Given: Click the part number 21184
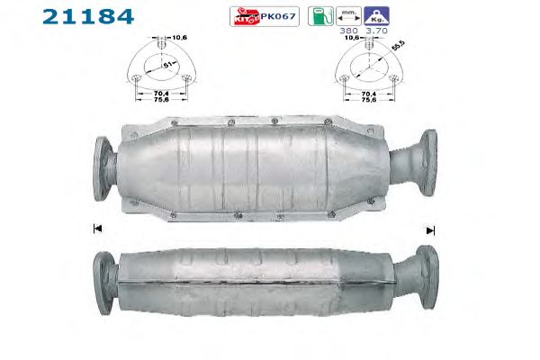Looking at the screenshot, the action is coord(88,16).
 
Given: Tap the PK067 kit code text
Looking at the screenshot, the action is coord(278,16).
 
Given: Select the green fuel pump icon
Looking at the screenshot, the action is coord(320,16).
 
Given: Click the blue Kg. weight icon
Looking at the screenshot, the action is coord(376,16).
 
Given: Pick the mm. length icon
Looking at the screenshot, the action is coord(348,16).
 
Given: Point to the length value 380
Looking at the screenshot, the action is coord(348,31).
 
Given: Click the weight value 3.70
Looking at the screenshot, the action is coord(376,31).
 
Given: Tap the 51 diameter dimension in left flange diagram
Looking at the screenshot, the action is coord(167,65).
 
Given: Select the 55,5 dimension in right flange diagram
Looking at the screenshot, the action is coord(399,46).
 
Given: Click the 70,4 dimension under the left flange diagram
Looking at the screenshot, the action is coord(161,94).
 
